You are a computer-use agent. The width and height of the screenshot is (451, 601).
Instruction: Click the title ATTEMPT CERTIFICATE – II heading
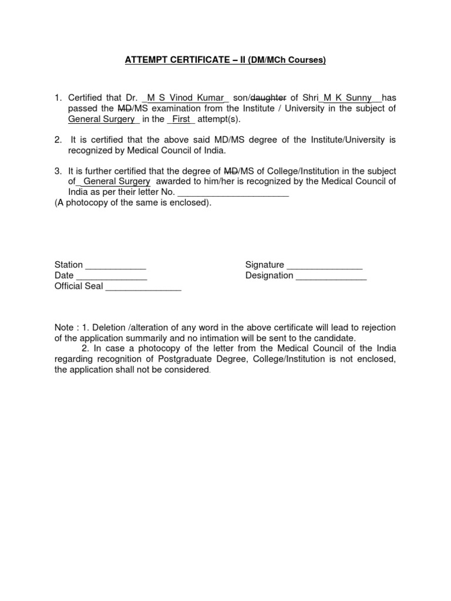[225, 60]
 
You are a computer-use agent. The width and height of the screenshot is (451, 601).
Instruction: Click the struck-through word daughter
[268, 97]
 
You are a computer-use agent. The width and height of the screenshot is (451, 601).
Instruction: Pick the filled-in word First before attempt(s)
[181, 119]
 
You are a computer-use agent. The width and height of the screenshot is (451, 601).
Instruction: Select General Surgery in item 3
[117, 182]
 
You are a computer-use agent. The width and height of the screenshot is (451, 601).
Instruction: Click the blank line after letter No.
[233, 193]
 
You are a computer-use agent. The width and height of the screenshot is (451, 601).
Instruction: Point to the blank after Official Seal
[143, 287]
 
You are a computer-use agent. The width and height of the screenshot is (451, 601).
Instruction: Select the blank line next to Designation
[331, 276]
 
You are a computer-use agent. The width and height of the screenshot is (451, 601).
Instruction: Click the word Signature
[265, 265]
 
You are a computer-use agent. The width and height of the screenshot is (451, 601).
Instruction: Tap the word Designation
[270, 276]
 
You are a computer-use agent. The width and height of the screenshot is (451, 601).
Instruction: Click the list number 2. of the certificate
[58, 140]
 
